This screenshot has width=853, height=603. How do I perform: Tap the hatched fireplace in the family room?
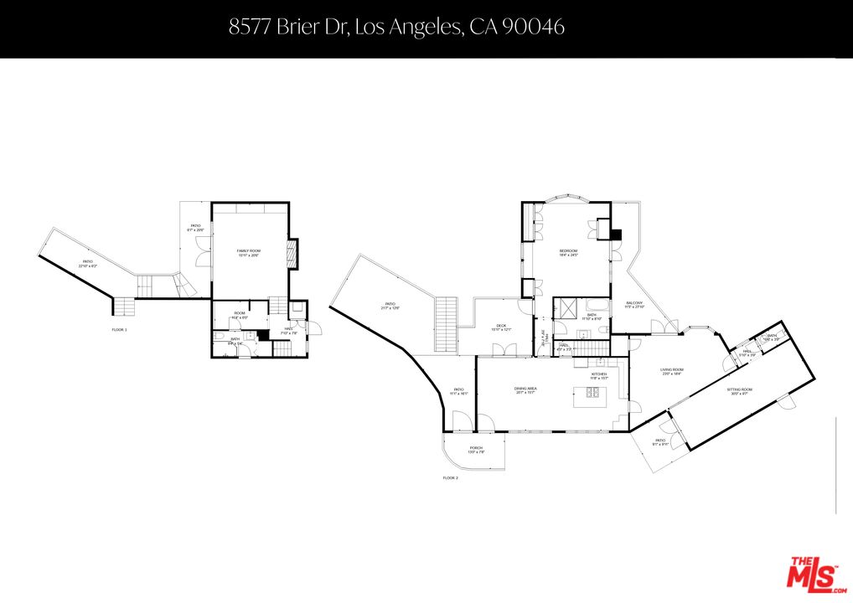(292, 254)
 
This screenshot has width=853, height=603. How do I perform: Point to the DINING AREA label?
(525, 389)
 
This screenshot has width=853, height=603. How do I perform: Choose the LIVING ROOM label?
(672, 371)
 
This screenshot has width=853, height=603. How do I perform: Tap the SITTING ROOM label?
(739, 390)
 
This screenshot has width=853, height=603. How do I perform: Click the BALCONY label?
(635, 305)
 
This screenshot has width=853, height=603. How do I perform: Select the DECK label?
(501, 327)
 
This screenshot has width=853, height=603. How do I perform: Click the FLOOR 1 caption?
(119, 330)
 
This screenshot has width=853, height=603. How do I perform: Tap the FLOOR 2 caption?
(451, 478)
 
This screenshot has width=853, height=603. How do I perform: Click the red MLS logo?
(812, 574)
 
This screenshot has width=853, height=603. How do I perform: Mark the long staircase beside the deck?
(446, 325)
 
